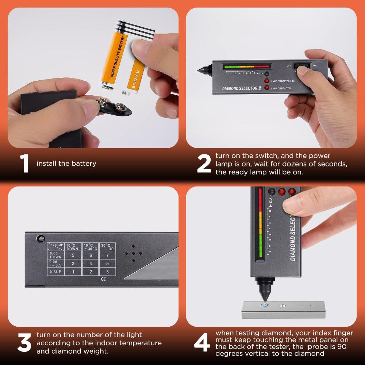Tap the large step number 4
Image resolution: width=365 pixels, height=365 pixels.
(x=202, y=343)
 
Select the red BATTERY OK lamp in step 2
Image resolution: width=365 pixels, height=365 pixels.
(x=267, y=81)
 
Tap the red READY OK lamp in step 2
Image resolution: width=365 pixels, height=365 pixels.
(x=267, y=88)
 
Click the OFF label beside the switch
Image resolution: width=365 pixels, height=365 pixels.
(x=289, y=66)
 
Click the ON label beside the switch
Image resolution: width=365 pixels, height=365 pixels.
(x=314, y=66)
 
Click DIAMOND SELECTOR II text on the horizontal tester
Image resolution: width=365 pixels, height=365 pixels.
(x=240, y=88)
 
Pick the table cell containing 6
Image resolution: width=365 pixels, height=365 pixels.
(x=91, y=255)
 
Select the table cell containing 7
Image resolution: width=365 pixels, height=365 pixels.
(x=107, y=255)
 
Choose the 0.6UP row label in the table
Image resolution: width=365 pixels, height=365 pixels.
(x=55, y=272)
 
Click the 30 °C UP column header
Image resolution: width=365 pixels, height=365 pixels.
(x=107, y=246)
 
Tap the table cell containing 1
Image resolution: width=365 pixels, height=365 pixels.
(x=73, y=272)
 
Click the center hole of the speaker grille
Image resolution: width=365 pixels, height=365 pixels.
(x=133, y=253)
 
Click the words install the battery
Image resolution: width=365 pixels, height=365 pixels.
(x=66, y=163)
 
